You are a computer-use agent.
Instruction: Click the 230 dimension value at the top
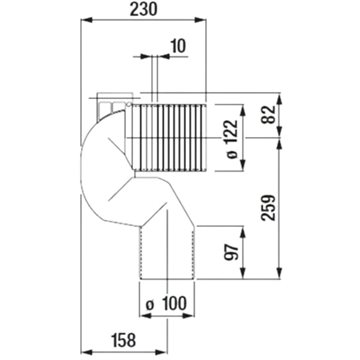click(x=143, y=10)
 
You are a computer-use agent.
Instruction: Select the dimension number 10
click(x=178, y=46)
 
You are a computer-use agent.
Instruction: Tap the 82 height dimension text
click(x=269, y=115)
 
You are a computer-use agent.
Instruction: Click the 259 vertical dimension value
click(x=269, y=207)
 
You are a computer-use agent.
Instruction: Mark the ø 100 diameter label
click(x=167, y=304)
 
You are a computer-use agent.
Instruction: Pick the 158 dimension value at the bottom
click(x=123, y=341)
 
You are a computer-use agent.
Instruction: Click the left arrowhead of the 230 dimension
click(x=86, y=20)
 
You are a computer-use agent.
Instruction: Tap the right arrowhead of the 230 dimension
click(x=200, y=20)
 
